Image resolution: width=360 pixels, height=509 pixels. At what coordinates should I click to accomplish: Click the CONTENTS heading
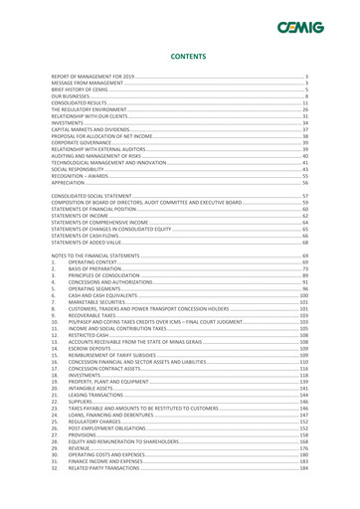179,58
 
